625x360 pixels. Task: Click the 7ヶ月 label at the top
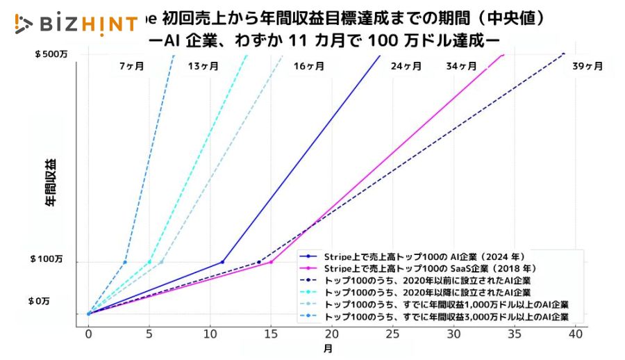pos(132,67)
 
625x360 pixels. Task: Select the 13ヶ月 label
pos(203,67)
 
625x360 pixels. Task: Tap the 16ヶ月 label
pos(309,67)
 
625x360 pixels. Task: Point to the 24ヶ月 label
pos(406,67)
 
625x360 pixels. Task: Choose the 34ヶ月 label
pos(461,67)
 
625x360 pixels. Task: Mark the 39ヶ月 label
pos(587,67)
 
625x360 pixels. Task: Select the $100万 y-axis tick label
pos(47,259)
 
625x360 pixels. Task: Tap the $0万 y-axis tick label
pos(40,301)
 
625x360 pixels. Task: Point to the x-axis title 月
pos(327,347)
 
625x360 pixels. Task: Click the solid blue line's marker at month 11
pos(222,262)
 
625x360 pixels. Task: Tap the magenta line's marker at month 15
pos(271,262)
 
